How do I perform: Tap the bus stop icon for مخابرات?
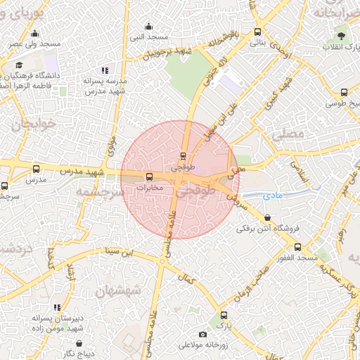click(x=148, y=176)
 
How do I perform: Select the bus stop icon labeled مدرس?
click(x=37, y=168)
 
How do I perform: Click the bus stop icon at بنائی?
click(x=257, y=32)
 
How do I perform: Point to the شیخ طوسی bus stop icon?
click(x=344, y=92)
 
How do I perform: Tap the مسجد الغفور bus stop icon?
click(x=298, y=247)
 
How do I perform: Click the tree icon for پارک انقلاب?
click(x=342, y=35)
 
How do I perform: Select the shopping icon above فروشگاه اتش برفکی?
click(x=266, y=217)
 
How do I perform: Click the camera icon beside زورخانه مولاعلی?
click(x=203, y=334)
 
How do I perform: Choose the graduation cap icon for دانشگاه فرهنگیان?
click(x=18, y=65)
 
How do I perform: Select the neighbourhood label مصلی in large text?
click(x=288, y=133)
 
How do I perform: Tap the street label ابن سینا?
click(x=119, y=251)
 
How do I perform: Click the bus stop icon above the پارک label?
click(x=224, y=315)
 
